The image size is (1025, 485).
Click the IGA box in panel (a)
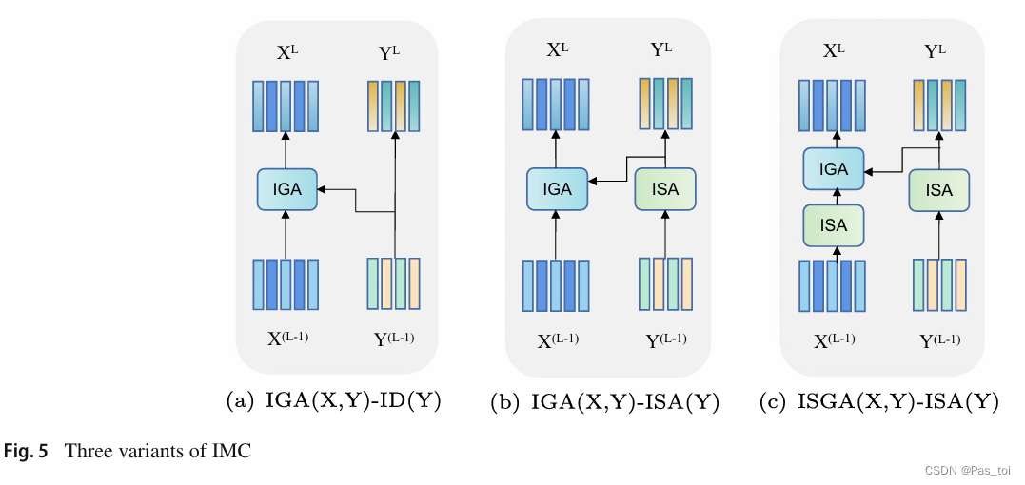coord(286,189)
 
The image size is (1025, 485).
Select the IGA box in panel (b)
coord(557,189)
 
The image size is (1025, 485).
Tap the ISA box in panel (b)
coord(665,189)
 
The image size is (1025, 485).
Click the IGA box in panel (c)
coord(833,169)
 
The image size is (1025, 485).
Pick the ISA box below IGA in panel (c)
coord(833,225)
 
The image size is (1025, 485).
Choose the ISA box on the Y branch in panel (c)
coord(938,190)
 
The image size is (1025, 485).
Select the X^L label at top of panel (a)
coord(286,53)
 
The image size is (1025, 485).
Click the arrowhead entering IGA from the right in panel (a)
coord(321,189)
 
